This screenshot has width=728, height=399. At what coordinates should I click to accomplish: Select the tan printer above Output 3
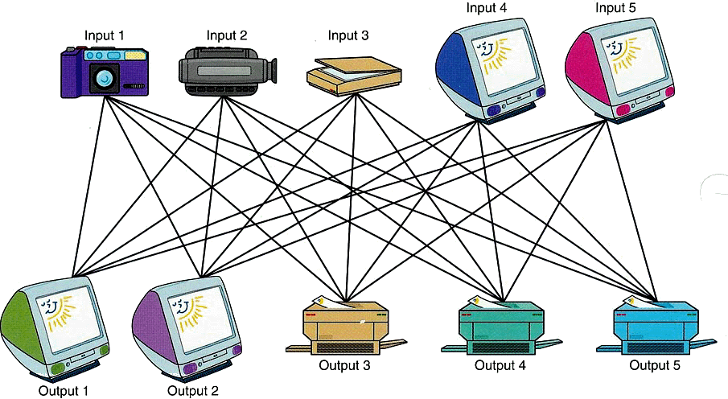click(x=346, y=327)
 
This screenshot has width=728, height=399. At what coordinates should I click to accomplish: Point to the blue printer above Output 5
click(x=654, y=327)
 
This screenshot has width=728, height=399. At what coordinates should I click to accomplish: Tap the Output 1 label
click(x=63, y=391)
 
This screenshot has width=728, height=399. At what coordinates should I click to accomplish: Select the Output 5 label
click(x=654, y=364)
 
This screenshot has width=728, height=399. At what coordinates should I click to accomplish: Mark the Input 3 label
click(x=348, y=36)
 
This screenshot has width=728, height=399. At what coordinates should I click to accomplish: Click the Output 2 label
click(x=193, y=391)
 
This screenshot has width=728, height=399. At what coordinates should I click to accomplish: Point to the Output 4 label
click(x=500, y=364)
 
